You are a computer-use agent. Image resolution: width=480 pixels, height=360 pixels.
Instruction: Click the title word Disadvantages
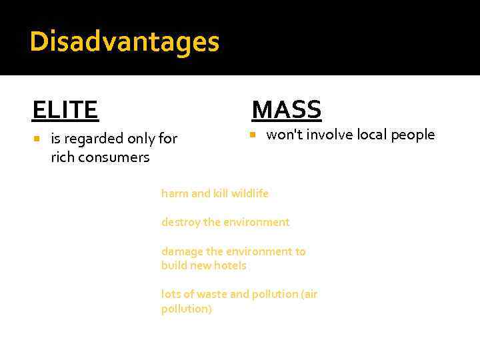point(124,41)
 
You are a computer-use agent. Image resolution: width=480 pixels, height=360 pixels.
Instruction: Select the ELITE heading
point(65,109)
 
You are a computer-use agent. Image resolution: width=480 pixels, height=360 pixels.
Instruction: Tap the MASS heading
point(287,109)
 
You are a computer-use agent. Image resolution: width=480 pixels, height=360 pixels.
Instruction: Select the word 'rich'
point(62,157)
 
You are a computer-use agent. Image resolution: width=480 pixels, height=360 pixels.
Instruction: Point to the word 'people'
point(413,135)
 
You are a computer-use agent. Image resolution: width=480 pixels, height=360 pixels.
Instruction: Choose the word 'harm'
point(175,193)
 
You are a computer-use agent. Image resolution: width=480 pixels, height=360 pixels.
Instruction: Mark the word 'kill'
point(221,193)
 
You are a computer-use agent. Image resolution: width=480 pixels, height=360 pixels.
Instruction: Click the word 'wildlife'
point(250,193)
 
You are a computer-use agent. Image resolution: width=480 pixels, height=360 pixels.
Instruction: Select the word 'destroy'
point(180,222)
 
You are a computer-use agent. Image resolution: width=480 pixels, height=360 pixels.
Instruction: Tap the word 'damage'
point(181,251)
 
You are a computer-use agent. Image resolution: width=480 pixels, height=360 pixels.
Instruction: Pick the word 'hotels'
point(230,265)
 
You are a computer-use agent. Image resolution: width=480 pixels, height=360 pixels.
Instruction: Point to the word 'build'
point(173,265)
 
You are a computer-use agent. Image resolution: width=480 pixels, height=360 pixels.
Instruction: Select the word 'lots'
point(171,295)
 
